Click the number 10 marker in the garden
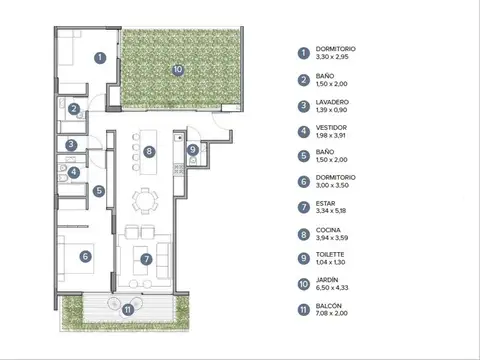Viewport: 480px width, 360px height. click(x=177, y=70)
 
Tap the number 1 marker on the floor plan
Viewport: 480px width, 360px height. click(x=100, y=57)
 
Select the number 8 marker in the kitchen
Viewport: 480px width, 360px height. click(x=148, y=152)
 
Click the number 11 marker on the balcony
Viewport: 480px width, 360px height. click(x=127, y=309)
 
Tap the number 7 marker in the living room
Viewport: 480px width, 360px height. click(x=147, y=260)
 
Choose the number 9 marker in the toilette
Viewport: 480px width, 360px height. click(x=193, y=150)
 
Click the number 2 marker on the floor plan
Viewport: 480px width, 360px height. click(x=74, y=109)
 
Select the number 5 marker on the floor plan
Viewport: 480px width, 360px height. click(x=99, y=191)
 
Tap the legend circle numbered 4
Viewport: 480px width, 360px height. click(x=303, y=130)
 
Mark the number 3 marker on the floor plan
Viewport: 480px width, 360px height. click(x=71, y=145)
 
